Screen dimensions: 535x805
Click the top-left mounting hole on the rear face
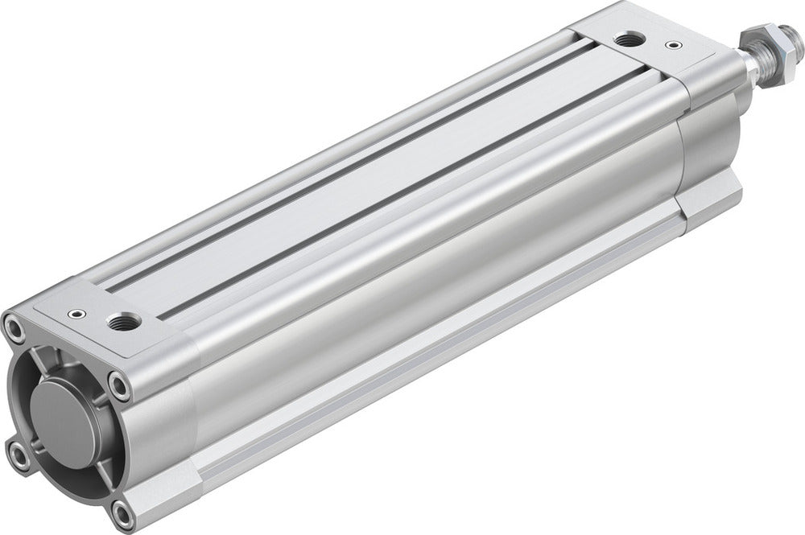click(14, 327)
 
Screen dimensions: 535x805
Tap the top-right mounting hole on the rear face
click(119, 386)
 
